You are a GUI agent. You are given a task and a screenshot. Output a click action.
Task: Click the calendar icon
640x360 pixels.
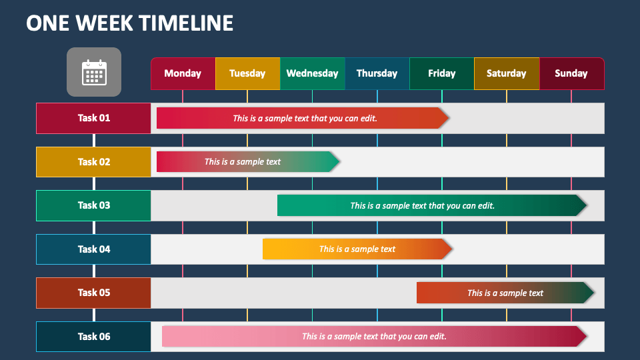pyautogui.click(x=94, y=72)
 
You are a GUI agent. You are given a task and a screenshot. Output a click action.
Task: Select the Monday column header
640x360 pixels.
pyautogui.click(x=183, y=73)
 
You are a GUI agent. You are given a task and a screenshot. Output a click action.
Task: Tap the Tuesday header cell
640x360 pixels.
pyautogui.click(x=247, y=73)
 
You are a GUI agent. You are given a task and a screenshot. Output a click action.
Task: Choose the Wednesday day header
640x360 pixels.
pyautogui.click(x=312, y=73)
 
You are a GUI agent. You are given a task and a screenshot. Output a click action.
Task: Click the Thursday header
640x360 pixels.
pyautogui.click(x=377, y=73)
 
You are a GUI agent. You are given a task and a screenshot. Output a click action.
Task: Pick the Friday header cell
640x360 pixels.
pyautogui.click(x=441, y=73)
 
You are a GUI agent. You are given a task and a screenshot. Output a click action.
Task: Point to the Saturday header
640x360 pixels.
pyautogui.click(x=506, y=73)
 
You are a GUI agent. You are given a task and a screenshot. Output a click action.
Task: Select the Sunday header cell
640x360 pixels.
pyautogui.click(x=571, y=73)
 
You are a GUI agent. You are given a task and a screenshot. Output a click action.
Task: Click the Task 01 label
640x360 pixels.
pyautogui.click(x=93, y=118)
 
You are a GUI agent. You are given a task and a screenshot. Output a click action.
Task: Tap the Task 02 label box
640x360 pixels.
pyautogui.click(x=93, y=162)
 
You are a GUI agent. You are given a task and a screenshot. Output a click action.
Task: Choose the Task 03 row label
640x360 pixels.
pyautogui.click(x=93, y=205)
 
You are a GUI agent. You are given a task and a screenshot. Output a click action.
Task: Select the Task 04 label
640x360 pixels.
pyautogui.click(x=93, y=249)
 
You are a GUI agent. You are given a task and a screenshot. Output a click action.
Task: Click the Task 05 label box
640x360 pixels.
pyautogui.click(x=93, y=293)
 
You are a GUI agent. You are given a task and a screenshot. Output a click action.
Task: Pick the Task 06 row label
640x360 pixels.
pyautogui.click(x=93, y=337)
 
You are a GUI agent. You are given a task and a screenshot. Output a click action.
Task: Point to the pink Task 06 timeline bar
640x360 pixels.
pyautogui.click(x=373, y=337)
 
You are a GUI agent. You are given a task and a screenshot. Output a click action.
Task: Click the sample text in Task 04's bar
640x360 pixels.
pyautogui.click(x=357, y=249)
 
